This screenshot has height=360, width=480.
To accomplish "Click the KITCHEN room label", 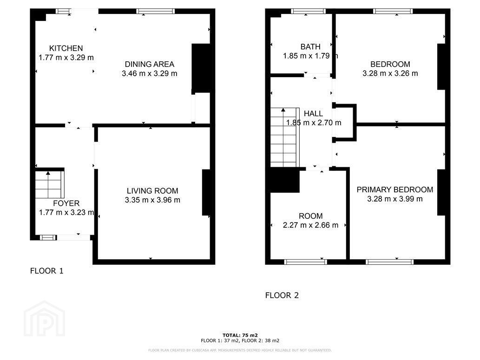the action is [66, 48].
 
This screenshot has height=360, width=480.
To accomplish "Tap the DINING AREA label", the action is [149, 64].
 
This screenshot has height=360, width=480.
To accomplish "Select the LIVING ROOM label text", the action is [152, 191].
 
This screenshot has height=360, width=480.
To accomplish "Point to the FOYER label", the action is [66, 203].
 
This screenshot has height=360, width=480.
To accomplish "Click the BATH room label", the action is [310, 47].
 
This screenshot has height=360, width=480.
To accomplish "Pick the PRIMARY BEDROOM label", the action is [395, 190].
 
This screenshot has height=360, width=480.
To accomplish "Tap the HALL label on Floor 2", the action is [313, 113].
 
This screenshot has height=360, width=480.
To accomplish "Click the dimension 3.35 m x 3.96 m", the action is [152, 200].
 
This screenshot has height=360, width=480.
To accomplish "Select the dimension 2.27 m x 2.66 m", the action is [310, 225].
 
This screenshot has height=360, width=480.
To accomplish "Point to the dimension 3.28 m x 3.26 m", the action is [390, 73].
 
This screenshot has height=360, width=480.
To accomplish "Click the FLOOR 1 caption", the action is [47, 271].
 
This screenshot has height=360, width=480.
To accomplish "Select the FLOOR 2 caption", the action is [282, 295].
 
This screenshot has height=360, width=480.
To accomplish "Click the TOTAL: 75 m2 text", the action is [240, 335].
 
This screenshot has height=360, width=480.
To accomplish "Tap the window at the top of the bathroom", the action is [308, 11].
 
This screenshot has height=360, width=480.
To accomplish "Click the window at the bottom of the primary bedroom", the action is [390, 262].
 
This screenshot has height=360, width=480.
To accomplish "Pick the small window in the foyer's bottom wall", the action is [48, 237].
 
